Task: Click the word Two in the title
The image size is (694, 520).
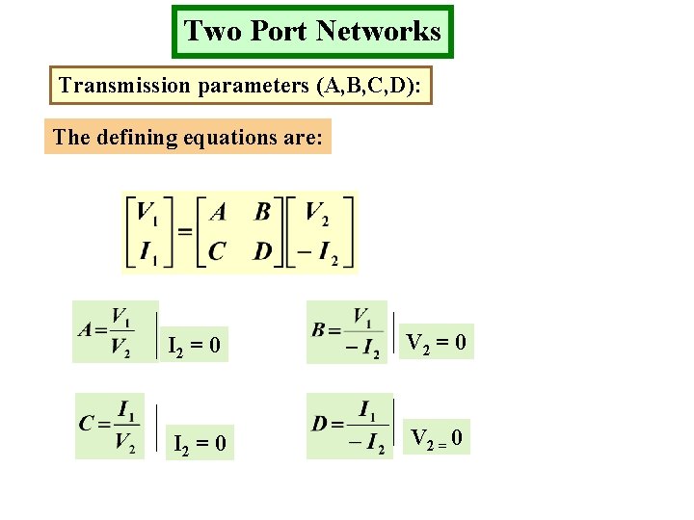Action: (205, 31)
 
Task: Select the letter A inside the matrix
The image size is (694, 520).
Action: (219, 212)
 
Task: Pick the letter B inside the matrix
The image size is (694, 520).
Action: (263, 212)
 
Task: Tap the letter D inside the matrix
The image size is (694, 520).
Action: (263, 251)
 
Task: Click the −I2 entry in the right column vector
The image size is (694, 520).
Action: (318, 252)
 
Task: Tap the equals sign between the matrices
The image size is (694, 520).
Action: (185, 231)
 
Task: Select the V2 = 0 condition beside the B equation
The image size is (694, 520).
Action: (437, 342)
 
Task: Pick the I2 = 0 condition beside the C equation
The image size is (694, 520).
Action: (200, 444)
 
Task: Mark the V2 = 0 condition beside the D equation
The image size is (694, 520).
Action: (437, 439)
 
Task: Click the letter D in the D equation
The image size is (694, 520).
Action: (320, 424)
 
